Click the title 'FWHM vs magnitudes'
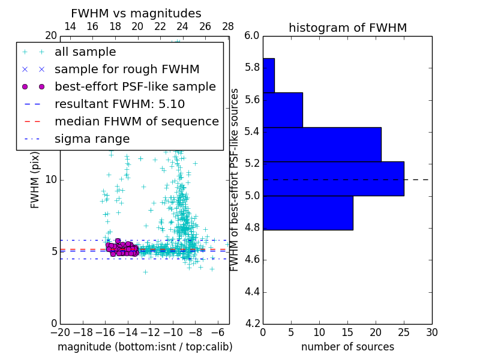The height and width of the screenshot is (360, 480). point(136,13)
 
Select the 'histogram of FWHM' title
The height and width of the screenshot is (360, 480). point(347,28)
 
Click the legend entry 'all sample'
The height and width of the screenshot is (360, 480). point(85,52)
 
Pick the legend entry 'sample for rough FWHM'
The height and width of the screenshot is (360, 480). point(127,69)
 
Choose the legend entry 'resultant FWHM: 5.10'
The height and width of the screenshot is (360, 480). point(119,104)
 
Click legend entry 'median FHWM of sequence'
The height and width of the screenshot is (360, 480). point(136,121)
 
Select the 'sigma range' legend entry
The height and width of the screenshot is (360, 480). point(92,139)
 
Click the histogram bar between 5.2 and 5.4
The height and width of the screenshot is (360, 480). point(322,145)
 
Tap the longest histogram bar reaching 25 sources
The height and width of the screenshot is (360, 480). point(333,179)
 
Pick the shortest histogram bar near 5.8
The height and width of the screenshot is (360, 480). point(269,76)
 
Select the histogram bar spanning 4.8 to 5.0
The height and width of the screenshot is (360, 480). point(308,213)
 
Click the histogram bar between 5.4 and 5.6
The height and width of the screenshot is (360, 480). point(283,110)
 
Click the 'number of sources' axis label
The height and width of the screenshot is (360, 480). point(347,347)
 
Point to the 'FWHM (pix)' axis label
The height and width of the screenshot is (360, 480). point(35,179)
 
